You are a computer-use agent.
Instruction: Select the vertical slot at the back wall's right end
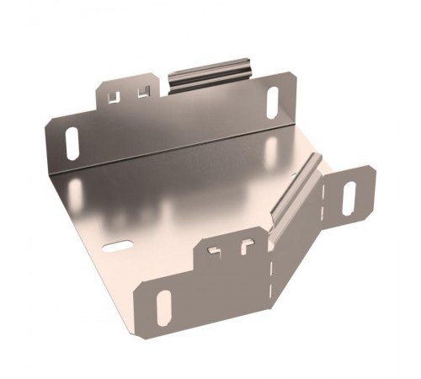point(272,104)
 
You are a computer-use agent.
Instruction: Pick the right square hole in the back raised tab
point(142,91)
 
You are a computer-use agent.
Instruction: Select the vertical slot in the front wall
point(163,307)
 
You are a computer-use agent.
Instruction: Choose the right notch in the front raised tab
point(246,247)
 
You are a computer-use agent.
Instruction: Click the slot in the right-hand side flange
point(349,195)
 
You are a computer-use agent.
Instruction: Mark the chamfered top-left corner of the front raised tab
point(199,243)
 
